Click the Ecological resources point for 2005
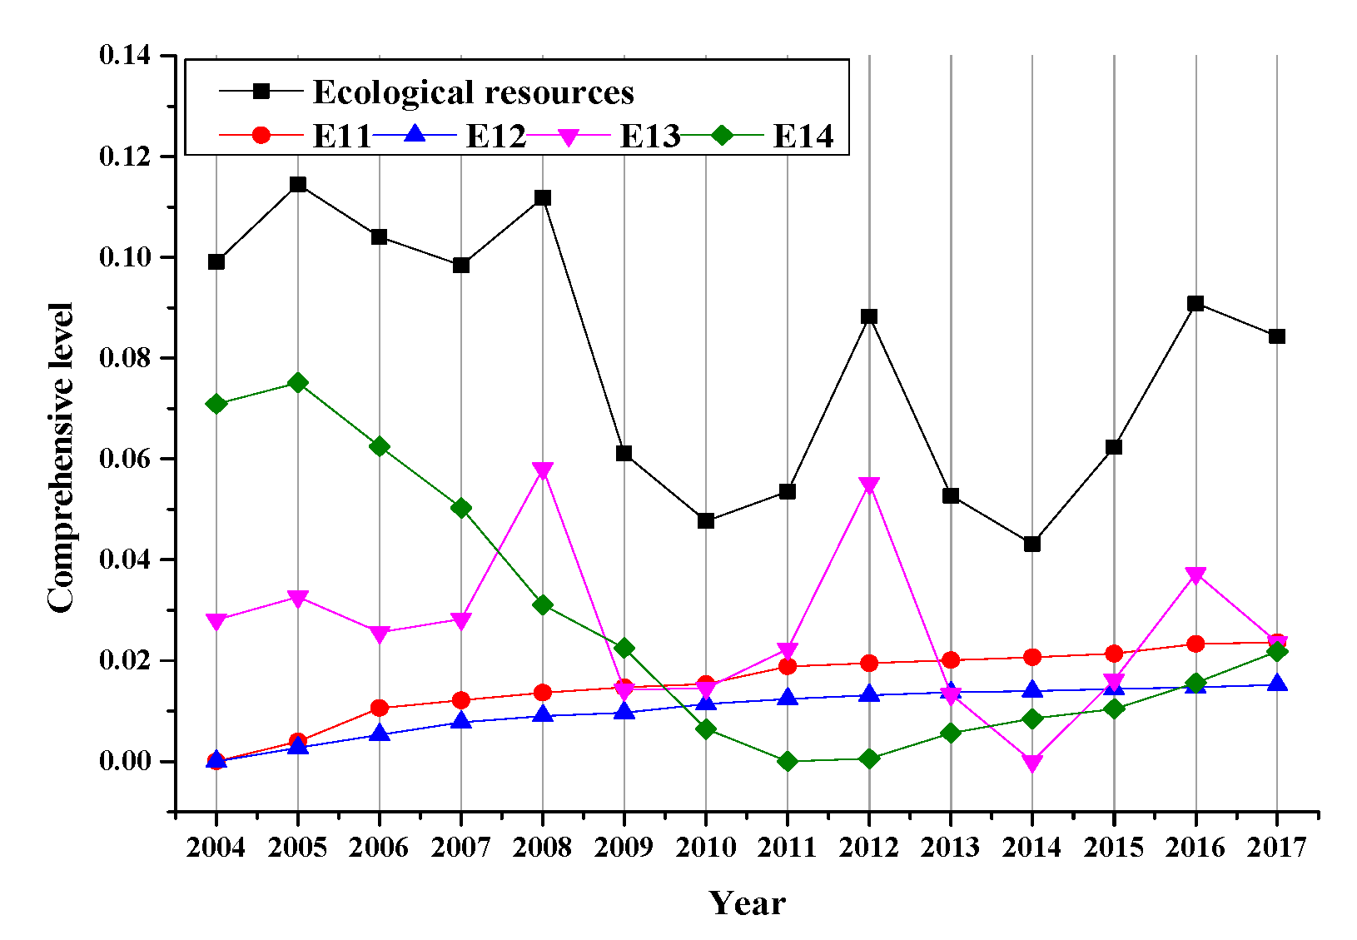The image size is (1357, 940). (298, 184)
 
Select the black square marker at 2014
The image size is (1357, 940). (1032, 544)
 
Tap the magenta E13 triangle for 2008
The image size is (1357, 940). (543, 470)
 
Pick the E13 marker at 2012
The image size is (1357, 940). (869, 485)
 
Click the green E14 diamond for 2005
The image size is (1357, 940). (298, 383)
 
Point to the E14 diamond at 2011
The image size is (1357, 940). (788, 761)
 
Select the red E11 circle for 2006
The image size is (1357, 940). (380, 708)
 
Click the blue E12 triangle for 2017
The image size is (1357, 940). (1277, 684)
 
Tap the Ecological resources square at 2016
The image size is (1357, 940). (1195, 303)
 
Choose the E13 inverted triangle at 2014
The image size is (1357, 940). (1032, 763)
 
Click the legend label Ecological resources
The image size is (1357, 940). (473, 92)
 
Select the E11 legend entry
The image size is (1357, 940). (341, 136)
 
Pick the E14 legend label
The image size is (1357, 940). (803, 136)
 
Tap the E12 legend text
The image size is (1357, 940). (495, 136)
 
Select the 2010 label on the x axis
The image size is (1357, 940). (706, 848)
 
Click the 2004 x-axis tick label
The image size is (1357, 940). (216, 848)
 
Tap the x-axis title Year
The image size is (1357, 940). (747, 903)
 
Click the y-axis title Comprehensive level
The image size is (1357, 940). (61, 458)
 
